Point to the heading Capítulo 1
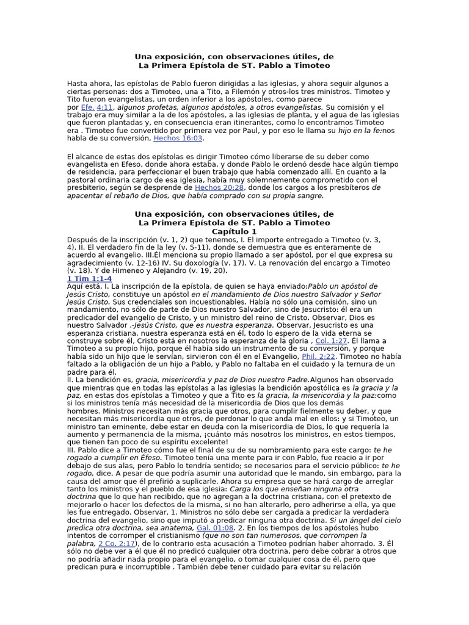[234, 232]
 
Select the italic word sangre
[307, 196]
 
